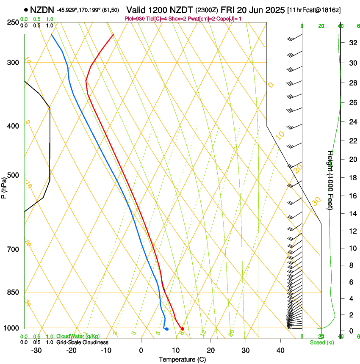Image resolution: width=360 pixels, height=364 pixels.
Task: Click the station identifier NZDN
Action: (42, 9)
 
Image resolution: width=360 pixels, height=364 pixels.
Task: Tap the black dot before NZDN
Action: (26, 9)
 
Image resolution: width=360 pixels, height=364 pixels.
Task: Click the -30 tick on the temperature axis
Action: (37, 350)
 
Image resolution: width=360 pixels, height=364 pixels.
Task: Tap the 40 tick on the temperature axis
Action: (280, 350)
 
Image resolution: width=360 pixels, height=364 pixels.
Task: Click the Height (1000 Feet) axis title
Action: (330, 180)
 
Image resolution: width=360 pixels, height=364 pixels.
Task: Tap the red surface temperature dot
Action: (183, 328)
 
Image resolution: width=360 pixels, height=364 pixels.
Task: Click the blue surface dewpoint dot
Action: (167, 329)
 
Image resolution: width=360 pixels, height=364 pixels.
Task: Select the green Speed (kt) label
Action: (321, 342)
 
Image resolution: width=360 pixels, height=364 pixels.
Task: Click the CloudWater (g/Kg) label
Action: (78, 336)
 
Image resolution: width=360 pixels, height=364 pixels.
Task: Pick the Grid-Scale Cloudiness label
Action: (82, 342)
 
